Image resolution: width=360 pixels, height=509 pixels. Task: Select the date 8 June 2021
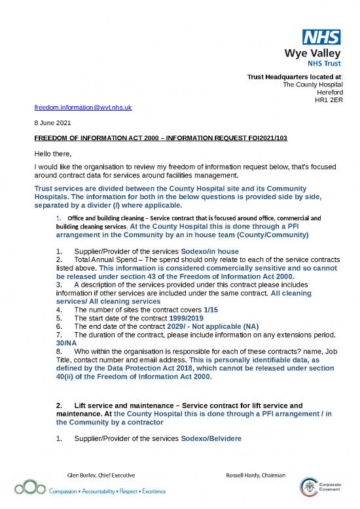pos(52,123)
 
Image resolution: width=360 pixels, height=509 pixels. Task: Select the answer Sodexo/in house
pos(210,252)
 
